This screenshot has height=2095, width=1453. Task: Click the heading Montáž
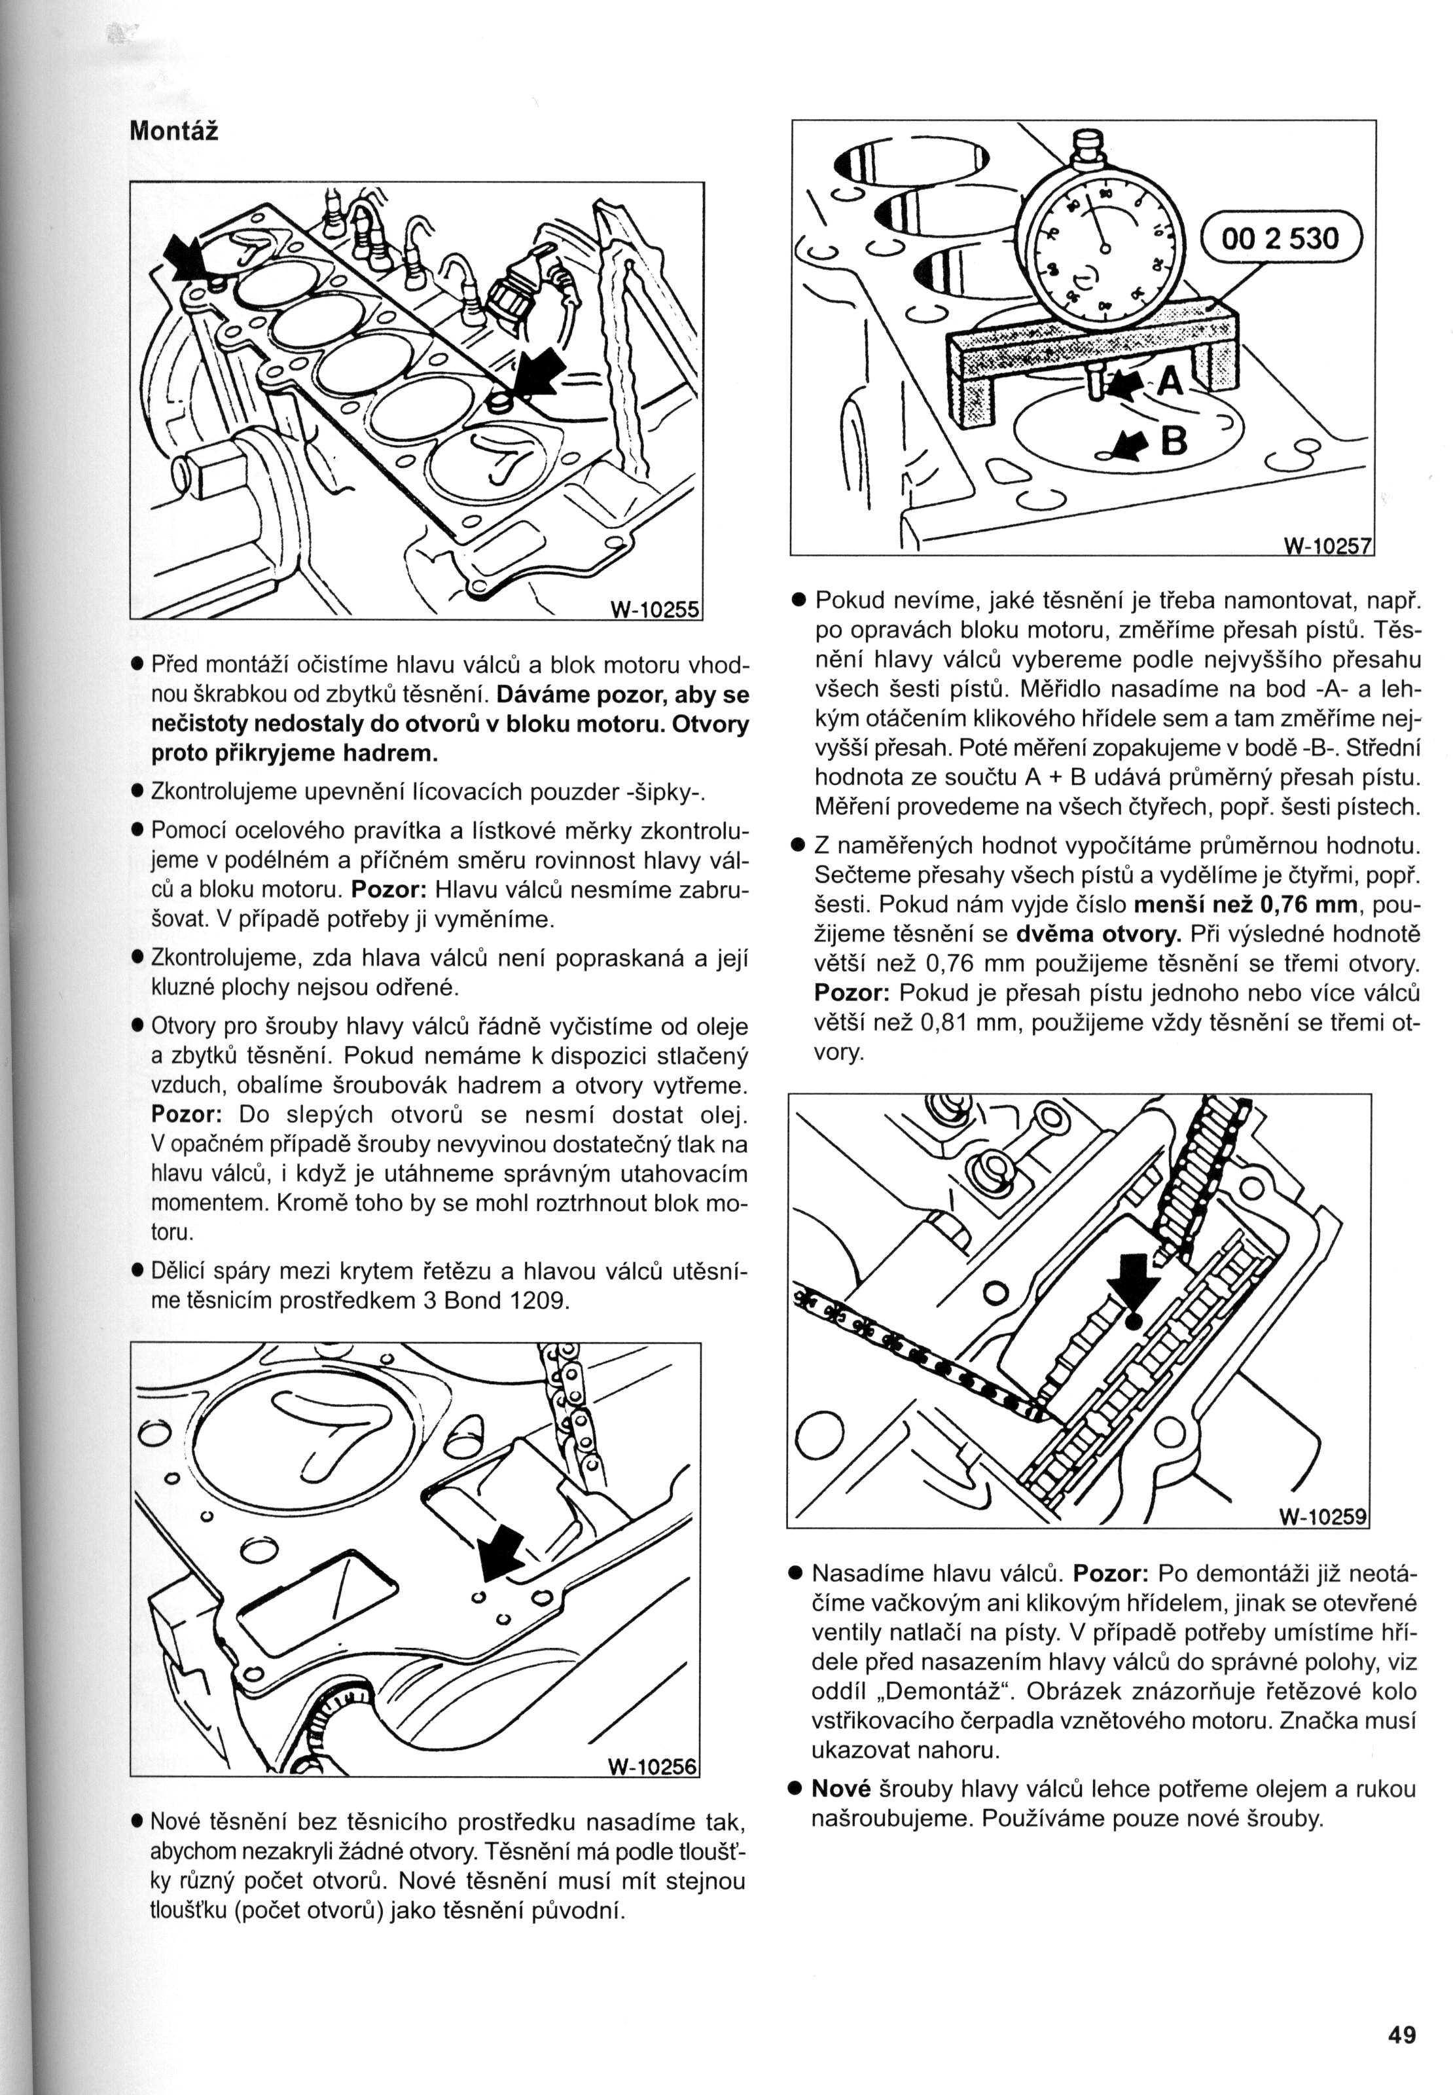click(x=174, y=131)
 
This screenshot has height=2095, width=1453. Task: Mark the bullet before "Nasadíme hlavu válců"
click(x=795, y=1573)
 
